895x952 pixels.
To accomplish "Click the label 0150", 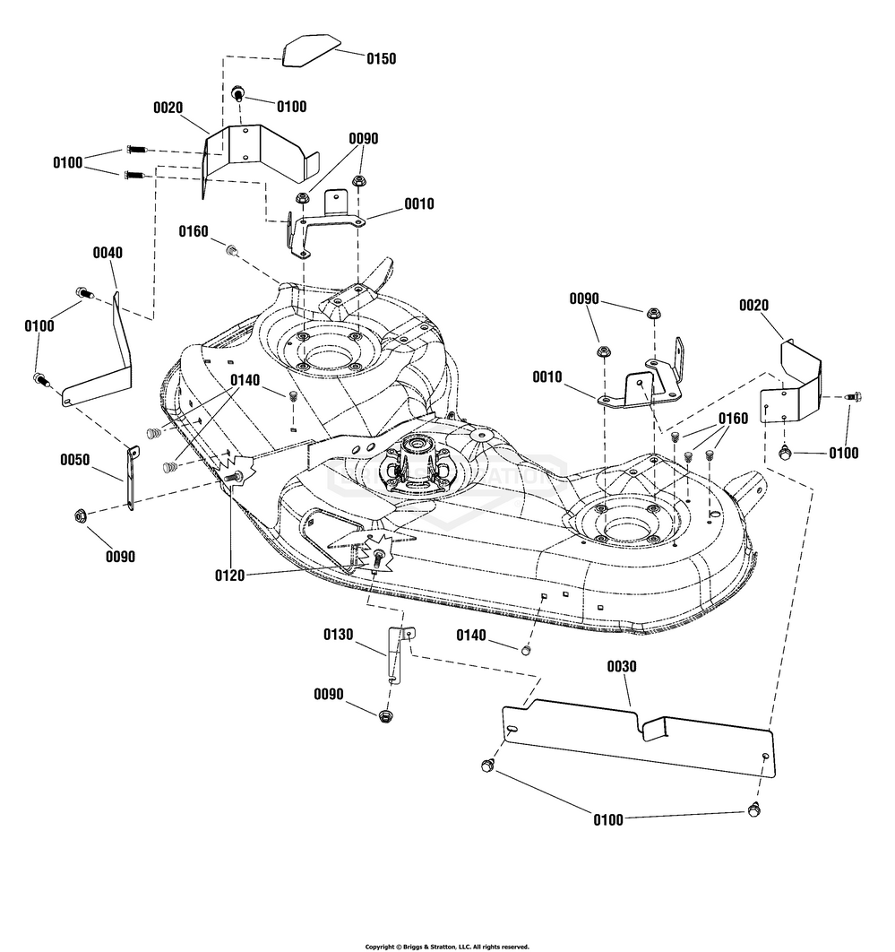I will (x=381, y=58).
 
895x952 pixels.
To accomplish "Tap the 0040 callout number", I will (x=108, y=253).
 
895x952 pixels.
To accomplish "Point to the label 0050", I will (x=74, y=460).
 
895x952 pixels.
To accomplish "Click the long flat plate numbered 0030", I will (x=636, y=731).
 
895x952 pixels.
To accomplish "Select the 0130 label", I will (x=339, y=635).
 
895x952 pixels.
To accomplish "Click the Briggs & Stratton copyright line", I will (x=447, y=946).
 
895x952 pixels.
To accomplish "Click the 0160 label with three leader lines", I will (x=733, y=418).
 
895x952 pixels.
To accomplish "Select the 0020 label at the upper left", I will (x=168, y=108).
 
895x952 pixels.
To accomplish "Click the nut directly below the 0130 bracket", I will (x=386, y=715).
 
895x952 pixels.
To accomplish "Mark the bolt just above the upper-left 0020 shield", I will (x=239, y=93).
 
